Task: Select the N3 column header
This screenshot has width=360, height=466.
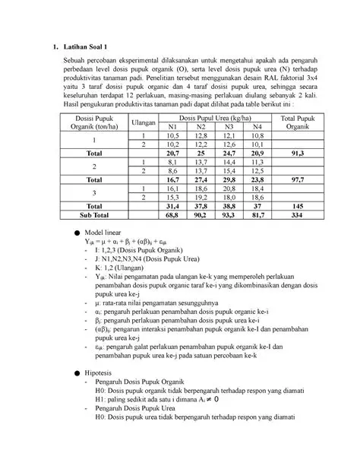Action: (229, 126)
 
